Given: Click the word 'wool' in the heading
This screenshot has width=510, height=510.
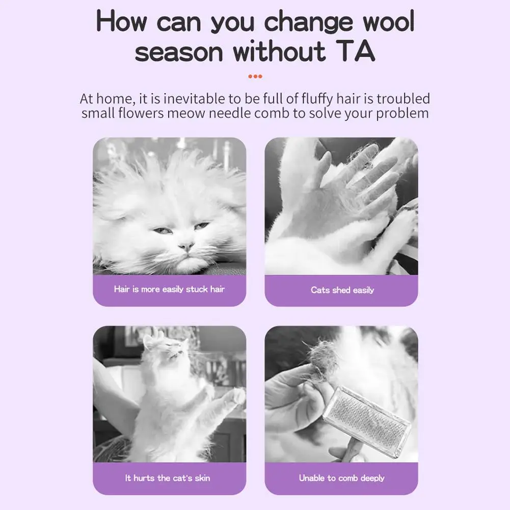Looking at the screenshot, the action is pyautogui.click(x=389, y=21).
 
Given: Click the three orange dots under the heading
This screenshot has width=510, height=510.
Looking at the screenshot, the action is pyautogui.click(x=255, y=76).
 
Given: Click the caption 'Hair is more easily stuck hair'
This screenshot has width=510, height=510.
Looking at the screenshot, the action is pyautogui.click(x=169, y=289).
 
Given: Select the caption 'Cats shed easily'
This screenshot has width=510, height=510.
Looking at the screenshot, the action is pyautogui.click(x=342, y=290).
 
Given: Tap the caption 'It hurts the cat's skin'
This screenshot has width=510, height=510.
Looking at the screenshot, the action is pyautogui.click(x=168, y=478).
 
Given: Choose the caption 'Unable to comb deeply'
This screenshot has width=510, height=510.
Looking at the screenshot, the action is pyautogui.click(x=341, y=478).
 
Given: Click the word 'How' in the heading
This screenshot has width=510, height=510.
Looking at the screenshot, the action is pyautogui.click(x=121, y=21).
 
